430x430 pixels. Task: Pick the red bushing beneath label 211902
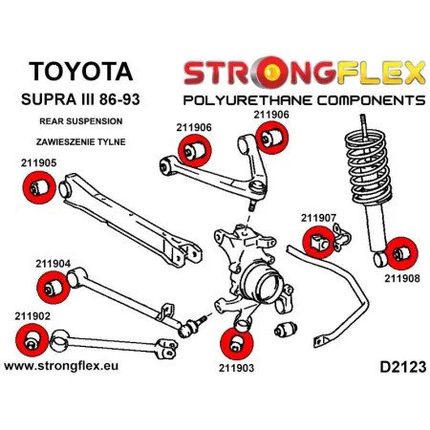coord(32,338)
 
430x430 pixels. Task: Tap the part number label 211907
coord(319,217)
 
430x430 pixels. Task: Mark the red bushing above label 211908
coord(401,253)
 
